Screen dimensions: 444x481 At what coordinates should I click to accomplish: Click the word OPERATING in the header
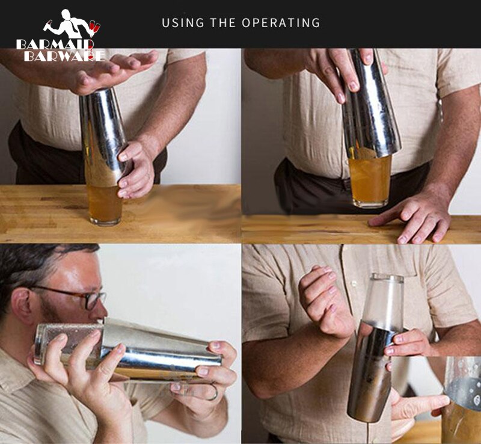pyautogui.click(x=281, y=23)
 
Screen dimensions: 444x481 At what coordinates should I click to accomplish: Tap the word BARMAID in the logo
pyautogui.click(x=55, y=45)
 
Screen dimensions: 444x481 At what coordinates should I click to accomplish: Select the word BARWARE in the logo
pyautogui.click(x=64, y=56)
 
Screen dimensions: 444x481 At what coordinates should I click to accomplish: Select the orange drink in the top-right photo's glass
pyautogui.click(x=369, y=180)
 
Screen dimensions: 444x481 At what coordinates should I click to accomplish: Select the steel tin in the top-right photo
pyautogui.click(x=370, y=108)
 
